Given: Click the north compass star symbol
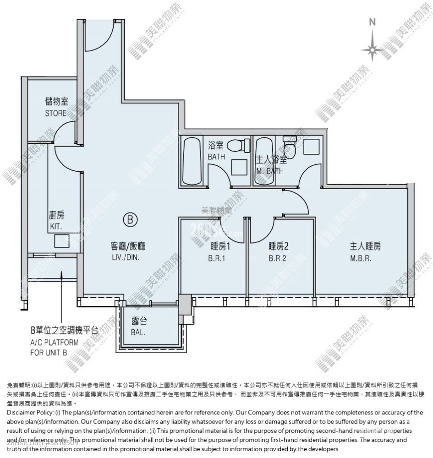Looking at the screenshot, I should click(x=373, y=48).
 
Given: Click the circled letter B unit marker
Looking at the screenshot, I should click(x=130, y=220).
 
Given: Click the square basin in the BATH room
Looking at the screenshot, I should click(x=239, y=167).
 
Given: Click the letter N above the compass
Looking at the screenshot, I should click(x=373, y=22).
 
